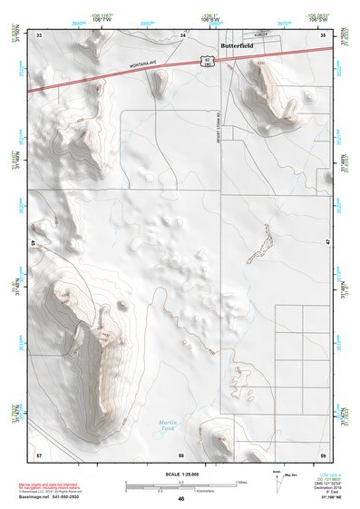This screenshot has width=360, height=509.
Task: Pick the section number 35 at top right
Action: coord(324,34)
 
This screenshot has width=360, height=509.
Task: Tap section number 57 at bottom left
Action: coord(39,453)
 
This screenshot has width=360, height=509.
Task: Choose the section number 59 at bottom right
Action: coord(324,453)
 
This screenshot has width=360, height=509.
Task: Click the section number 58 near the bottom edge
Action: coord(181,453)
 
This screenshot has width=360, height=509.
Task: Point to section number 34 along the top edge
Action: coord(182,35)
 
